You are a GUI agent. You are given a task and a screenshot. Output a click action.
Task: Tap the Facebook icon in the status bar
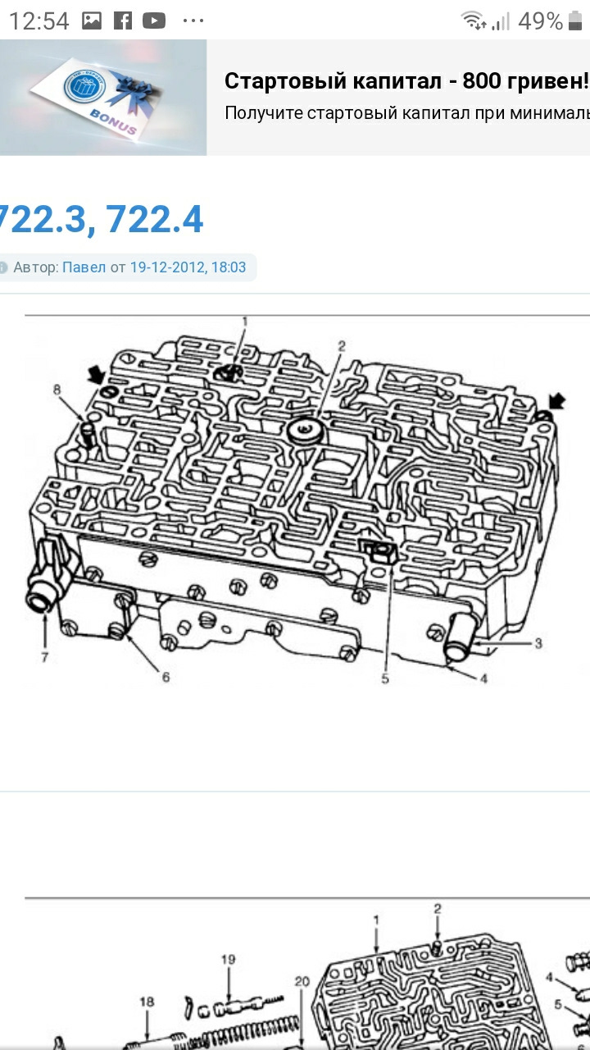(x=123, y=21)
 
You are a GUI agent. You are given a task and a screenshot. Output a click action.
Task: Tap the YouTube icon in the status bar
(x=154, y=21)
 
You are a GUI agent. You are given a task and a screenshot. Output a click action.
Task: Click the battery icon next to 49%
(x=574, y=21)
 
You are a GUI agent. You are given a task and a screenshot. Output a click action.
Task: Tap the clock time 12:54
(x=39, y=21)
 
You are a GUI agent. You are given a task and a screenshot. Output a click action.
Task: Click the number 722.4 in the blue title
(x=154, y=219)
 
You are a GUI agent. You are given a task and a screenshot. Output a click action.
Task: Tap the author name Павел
(x=84, y=267)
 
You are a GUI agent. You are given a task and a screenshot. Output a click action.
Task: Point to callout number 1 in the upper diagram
(x=244, y=322)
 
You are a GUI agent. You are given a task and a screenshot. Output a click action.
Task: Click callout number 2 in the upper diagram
(x=342, y=346)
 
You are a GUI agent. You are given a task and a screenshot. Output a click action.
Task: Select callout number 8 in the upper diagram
(x=57, y=389)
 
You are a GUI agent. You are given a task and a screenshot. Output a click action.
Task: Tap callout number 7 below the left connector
(x=44, y=657)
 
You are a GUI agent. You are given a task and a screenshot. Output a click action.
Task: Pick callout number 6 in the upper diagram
(x=166, y=677)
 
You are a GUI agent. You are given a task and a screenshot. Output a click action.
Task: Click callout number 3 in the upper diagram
(x=538, y=643)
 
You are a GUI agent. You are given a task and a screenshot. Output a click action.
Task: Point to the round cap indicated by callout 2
(x=306, y=431)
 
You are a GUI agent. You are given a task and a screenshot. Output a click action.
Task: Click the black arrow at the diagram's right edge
(x=556, y=402)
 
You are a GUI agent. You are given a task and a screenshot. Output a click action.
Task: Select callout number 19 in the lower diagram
(x=228, y=960)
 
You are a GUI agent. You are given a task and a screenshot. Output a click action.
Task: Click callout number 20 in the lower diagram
(x=302, y=981)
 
